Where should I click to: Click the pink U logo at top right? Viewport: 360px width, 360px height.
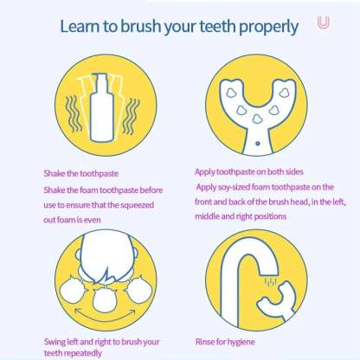pos(323,23)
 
